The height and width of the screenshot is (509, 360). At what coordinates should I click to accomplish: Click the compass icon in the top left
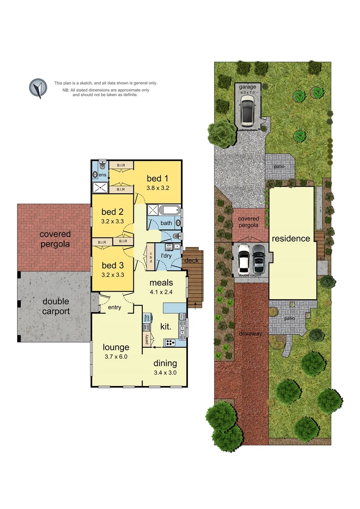39,88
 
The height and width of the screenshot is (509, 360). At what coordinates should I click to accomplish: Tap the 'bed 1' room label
157,179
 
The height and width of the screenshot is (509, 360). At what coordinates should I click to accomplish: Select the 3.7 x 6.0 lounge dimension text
115,356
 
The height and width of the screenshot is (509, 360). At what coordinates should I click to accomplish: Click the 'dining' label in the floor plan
165,363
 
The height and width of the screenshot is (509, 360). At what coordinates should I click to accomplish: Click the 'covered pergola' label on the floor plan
55,239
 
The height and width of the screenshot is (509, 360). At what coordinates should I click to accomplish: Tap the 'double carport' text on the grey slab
56,306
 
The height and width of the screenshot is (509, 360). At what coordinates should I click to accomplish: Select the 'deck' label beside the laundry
191,261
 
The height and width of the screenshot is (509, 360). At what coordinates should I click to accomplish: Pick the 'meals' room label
161,283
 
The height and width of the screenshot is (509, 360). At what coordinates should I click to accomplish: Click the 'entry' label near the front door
115,307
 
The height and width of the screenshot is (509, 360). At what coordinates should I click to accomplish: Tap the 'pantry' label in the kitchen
147,339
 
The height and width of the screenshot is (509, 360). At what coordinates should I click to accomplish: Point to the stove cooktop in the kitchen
169,342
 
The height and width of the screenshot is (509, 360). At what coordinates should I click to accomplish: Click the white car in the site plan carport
243,259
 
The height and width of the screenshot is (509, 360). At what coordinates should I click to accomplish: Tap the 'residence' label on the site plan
291,238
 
